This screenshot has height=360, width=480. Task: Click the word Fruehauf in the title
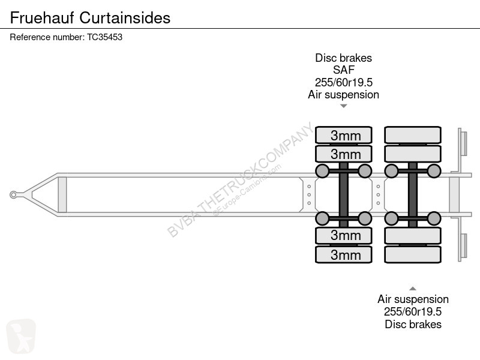click(x=42, y=18)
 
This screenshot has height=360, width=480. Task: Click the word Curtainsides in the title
click(x=125, y=18)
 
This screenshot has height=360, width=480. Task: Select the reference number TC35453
click(x=104, y=37)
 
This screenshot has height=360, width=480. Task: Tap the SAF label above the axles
click(x=343, y=70)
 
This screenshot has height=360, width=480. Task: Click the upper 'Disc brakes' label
click(x=343, y=58)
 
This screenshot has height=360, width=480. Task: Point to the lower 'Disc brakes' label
click(x=413, y=324)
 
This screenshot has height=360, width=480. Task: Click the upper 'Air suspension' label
click(x=343, y=95)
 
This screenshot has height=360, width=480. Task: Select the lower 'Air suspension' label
click(x=413, y=299)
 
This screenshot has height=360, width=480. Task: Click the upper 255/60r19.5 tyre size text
click(x=343, y=82)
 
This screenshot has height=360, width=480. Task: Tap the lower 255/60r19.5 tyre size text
click(x=413, y=311)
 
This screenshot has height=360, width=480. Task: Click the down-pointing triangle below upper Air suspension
click(x=343, y=106)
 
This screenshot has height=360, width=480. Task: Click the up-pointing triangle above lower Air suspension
click(x=413, y=289)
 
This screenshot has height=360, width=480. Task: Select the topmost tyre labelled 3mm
click(x=343, y=135)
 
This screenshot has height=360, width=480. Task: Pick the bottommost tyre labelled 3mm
click(x=343, y=254)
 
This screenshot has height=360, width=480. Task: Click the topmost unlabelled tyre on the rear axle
click(x=413, y=135)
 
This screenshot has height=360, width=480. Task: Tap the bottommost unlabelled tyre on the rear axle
click(x=413, y=254)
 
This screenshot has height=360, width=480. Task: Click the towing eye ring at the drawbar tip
click(x=13, y=194)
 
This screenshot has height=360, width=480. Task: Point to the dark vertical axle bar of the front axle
click(x=343, y=194)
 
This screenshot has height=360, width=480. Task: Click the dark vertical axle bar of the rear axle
click(x=413, y=194)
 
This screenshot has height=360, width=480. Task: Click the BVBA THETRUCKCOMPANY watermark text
click(x=241, y=180)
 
